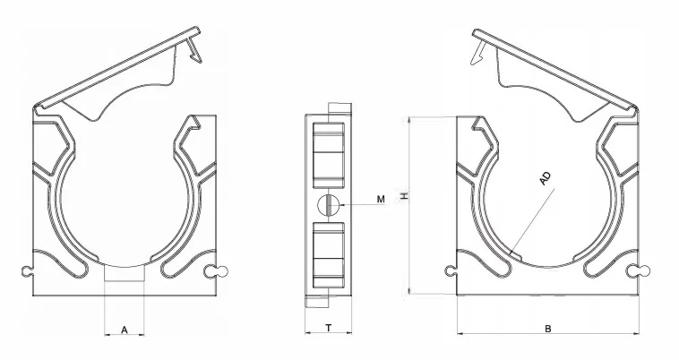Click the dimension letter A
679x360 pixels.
(x=125, y=330)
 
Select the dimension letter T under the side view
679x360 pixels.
(x=329, y=329)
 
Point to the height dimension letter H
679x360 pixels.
(x=404, y=196)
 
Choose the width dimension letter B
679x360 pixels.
(x=548, y=329)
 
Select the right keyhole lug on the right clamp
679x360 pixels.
(x=640, y=270)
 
